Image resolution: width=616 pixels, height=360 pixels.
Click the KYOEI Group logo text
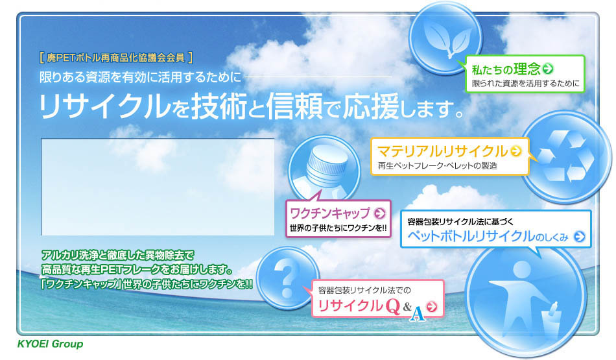(51, 344)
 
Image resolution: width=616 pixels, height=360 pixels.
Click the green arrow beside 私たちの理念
(548, 69)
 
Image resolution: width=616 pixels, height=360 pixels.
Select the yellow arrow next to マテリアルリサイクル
(516, 151)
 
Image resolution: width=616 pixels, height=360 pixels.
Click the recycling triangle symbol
(565, 156)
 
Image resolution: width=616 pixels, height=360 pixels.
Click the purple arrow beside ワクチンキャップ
(379, 213)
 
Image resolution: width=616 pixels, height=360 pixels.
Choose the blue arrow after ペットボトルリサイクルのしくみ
(580, 237)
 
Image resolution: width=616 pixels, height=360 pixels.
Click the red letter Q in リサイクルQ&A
(392, 306)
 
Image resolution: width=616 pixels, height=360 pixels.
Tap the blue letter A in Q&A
(417, 313)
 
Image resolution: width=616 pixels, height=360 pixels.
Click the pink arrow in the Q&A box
(431, 307)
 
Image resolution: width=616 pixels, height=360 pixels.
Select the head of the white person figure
(522, 270)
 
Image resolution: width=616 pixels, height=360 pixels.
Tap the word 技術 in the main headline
(219, 106)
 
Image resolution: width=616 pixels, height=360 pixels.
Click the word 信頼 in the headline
(294, 106)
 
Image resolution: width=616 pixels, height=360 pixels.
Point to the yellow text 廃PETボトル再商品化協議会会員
(115, 58)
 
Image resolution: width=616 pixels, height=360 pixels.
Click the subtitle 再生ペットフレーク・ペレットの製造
(437, 166)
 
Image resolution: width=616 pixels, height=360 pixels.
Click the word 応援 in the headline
(371, 106)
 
